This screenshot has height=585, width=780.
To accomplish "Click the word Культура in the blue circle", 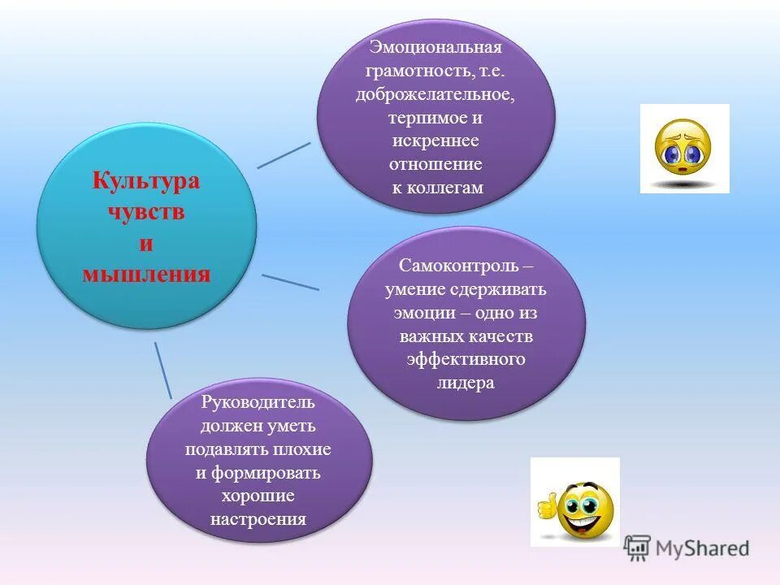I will point(146,180).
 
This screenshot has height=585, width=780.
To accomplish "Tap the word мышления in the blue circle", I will point(146,274).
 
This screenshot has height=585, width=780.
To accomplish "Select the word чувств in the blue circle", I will point(146,212).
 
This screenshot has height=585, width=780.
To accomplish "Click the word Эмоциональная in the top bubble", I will point(435,47).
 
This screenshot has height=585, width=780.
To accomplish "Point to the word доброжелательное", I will point(435,94).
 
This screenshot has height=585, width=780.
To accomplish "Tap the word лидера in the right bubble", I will point(466,383).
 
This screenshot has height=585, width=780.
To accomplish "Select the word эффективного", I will point(466,360).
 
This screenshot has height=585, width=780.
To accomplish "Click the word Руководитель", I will point(258,401).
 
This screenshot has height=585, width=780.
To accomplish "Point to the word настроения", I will point(258,519).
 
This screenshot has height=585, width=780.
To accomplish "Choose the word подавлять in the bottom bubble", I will point(223,448).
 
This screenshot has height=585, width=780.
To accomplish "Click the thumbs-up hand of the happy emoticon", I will point(547,505).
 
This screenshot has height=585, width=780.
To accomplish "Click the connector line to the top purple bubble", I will point(284,155).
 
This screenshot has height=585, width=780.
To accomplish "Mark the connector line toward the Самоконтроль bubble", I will point(290,281).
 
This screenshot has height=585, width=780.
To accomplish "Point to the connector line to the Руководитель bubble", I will point(162,370).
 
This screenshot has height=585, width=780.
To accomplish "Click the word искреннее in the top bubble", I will point(435,141).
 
